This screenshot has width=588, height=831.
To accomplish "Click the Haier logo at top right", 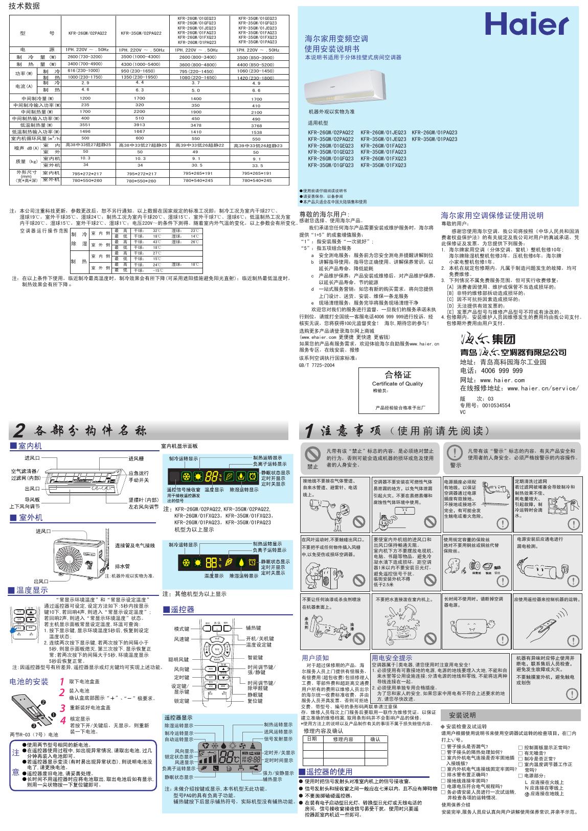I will (x=526, y=24).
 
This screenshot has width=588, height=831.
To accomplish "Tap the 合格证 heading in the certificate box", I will (x=398, y=375).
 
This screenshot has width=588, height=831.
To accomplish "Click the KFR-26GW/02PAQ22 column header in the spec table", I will (x=87, y=33).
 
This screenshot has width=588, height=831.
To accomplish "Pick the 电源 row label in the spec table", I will (x=37, y=50).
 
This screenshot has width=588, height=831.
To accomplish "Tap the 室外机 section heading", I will (x=31, y=518).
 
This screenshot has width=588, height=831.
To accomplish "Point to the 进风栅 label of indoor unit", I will (x=136, y=458).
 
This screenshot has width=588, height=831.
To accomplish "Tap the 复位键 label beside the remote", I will (x=255, y=701).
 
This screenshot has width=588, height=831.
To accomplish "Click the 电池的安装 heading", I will (x=29, y=681).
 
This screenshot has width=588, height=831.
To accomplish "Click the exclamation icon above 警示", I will (x=455, y=452).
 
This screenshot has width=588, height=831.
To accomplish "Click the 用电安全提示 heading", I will (x=392, y=658).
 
